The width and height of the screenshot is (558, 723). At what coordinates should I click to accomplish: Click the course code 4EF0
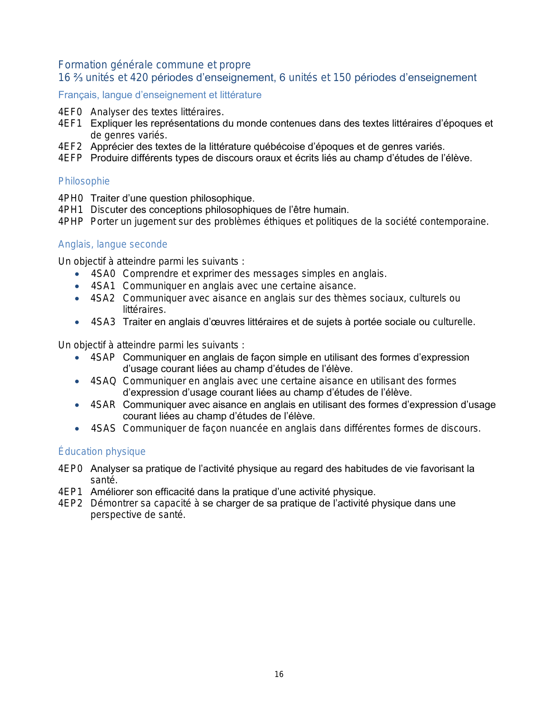(70, 112)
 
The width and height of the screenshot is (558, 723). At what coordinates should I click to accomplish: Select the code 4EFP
(70, 158)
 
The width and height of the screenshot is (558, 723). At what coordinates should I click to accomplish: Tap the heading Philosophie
(84, 181)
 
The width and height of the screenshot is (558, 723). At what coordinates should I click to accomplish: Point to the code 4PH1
(70, 210)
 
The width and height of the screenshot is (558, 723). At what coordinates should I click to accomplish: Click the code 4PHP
(70, 222)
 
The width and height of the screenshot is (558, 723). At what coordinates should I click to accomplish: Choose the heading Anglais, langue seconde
(112, 245)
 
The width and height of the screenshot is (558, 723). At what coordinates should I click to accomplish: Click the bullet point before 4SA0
(77, 274)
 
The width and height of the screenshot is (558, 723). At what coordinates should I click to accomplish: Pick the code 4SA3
(103, 322)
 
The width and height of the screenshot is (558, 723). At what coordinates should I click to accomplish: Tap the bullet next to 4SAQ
(77, 381)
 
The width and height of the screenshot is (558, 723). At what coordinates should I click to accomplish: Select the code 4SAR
(103, 405)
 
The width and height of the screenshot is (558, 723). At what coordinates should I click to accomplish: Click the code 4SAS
(103, 429)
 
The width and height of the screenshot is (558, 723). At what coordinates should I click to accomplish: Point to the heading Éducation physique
(102, 452)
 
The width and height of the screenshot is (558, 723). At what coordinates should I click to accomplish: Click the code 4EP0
(70, 469)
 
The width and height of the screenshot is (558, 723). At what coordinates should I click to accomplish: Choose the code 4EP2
(70, 503)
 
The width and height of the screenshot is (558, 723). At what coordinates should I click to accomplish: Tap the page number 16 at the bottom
(279, 674)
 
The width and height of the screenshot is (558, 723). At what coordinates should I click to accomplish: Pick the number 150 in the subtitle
(342, 78)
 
